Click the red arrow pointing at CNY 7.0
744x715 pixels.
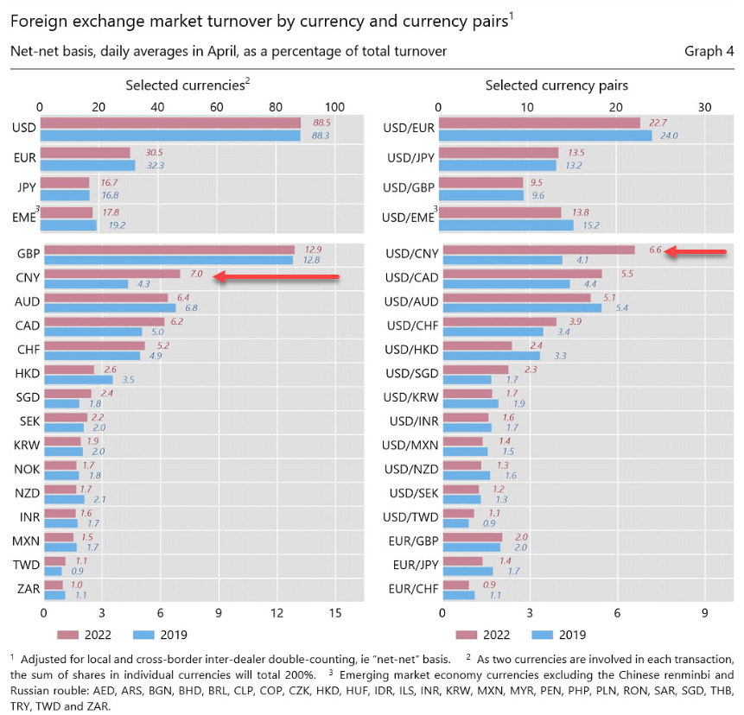(277, 277)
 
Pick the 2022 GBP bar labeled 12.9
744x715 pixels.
(169, 250)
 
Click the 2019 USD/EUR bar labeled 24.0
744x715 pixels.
(547, 136)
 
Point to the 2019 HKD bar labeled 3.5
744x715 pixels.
(79, 379)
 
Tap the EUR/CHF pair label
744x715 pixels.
(414, 590)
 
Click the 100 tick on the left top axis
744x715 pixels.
(334, 107)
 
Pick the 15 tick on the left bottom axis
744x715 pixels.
(335, 613)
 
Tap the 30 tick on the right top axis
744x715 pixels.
(705, 107)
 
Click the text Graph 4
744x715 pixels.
(709, 51)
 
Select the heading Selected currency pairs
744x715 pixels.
(556, 85)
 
